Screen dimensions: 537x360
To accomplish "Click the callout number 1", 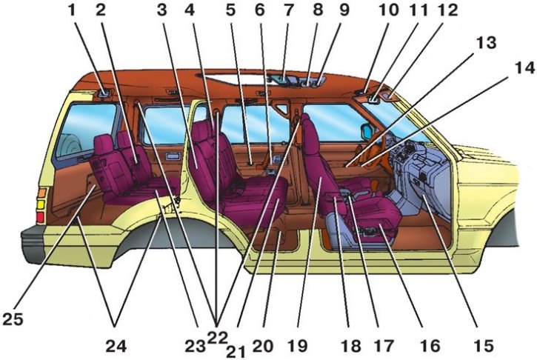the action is (72, 10).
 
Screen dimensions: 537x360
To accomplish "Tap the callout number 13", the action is (487, 43).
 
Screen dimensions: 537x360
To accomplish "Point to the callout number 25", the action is (13, 319).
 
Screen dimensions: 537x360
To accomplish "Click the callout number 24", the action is (116, 346).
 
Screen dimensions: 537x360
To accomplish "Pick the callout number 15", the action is (483, 345).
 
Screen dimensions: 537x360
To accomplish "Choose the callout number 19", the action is (296, 346).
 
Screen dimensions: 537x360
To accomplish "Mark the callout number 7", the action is (288, 10).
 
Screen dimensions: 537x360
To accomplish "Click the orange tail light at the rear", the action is (41, 193).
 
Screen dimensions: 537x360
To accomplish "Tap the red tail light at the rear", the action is (41, 218).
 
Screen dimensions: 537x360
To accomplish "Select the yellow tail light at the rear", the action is (41, 205).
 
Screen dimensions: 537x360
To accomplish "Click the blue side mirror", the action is (367, 132).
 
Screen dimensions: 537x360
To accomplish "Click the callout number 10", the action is (388, 10).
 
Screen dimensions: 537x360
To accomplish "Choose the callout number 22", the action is (217, 339).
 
